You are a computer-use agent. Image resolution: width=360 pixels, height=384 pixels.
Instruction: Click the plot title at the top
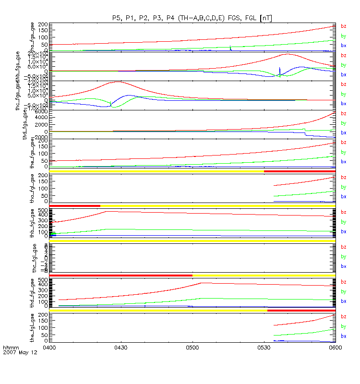[192, 18]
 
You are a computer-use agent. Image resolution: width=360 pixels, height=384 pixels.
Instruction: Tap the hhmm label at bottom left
[10, 347]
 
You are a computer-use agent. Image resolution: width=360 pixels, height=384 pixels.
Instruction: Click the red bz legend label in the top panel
[343, 26]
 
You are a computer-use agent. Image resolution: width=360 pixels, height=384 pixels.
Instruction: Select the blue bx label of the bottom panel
[343, 336]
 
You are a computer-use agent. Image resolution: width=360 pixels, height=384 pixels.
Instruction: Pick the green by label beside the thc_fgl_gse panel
[343, 257]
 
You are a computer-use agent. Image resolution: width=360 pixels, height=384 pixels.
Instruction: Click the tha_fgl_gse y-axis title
[33, 189]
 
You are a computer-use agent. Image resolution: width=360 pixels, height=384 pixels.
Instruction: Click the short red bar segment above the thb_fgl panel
[74, 206]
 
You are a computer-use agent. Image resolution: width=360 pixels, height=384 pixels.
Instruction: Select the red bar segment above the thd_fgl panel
[120, 276]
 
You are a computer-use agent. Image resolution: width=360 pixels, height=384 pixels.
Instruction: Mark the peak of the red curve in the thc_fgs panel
[117, 82]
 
